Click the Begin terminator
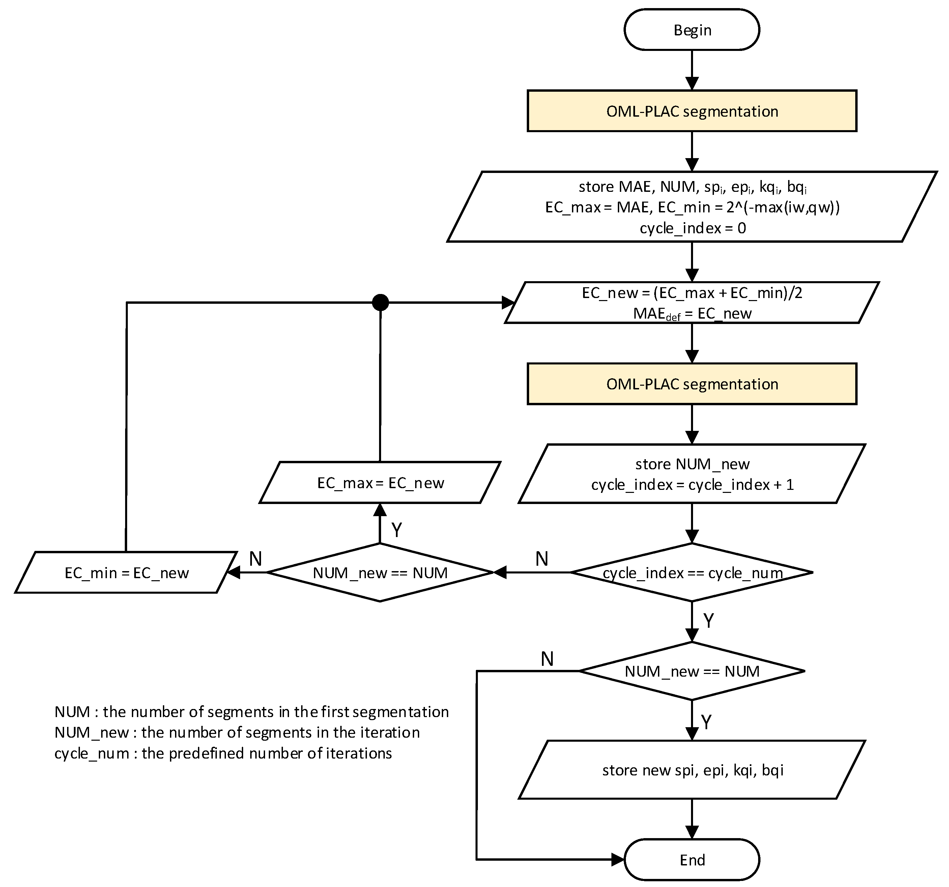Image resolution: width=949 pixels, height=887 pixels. (x=692, y=30)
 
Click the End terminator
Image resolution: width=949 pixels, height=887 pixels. (x=692, y=860)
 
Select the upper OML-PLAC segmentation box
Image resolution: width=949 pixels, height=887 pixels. (x=692, y=111)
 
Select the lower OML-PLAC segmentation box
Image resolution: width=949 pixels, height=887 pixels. (x=692, y=384)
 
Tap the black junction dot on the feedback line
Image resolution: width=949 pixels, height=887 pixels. (x=380, y=302)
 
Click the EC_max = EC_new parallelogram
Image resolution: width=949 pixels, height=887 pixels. (x=380, y=483)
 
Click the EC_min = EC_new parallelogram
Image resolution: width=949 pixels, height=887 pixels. (x=126, y=572)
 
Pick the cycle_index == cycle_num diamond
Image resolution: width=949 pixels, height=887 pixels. (x=692, y=572)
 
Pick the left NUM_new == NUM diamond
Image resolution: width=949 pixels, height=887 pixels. (x=380, y=572)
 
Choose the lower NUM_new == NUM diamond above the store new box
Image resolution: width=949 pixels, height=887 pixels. (x=692, y=671)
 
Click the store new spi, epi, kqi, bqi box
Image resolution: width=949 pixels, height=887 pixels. (x=692, y=770)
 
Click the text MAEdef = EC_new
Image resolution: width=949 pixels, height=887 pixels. (x=692, y=314)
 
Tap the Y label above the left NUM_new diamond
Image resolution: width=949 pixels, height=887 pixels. (x=397, y=530)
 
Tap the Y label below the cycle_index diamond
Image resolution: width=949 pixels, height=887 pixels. (x=709, y=621)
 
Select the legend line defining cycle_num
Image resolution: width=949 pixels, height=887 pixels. (x=223, y=753)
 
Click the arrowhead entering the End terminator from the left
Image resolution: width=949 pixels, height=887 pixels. (x=618, y=860)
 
